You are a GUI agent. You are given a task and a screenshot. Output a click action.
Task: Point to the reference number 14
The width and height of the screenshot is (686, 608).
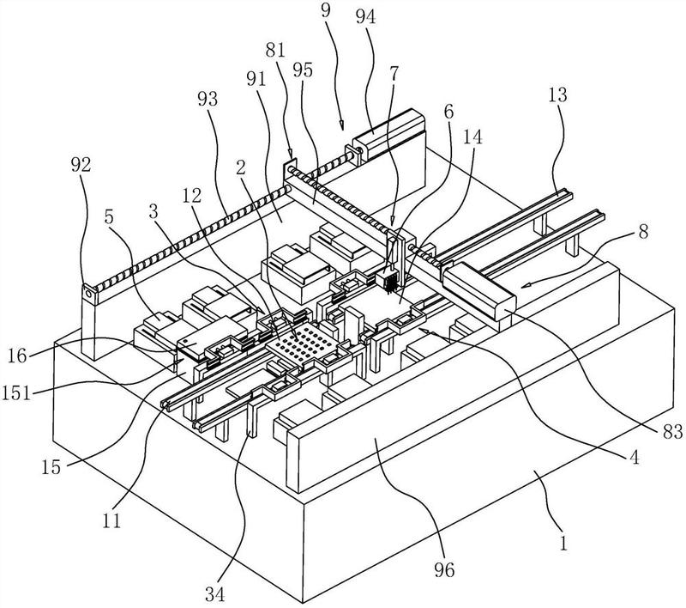click(x=471, y=137)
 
